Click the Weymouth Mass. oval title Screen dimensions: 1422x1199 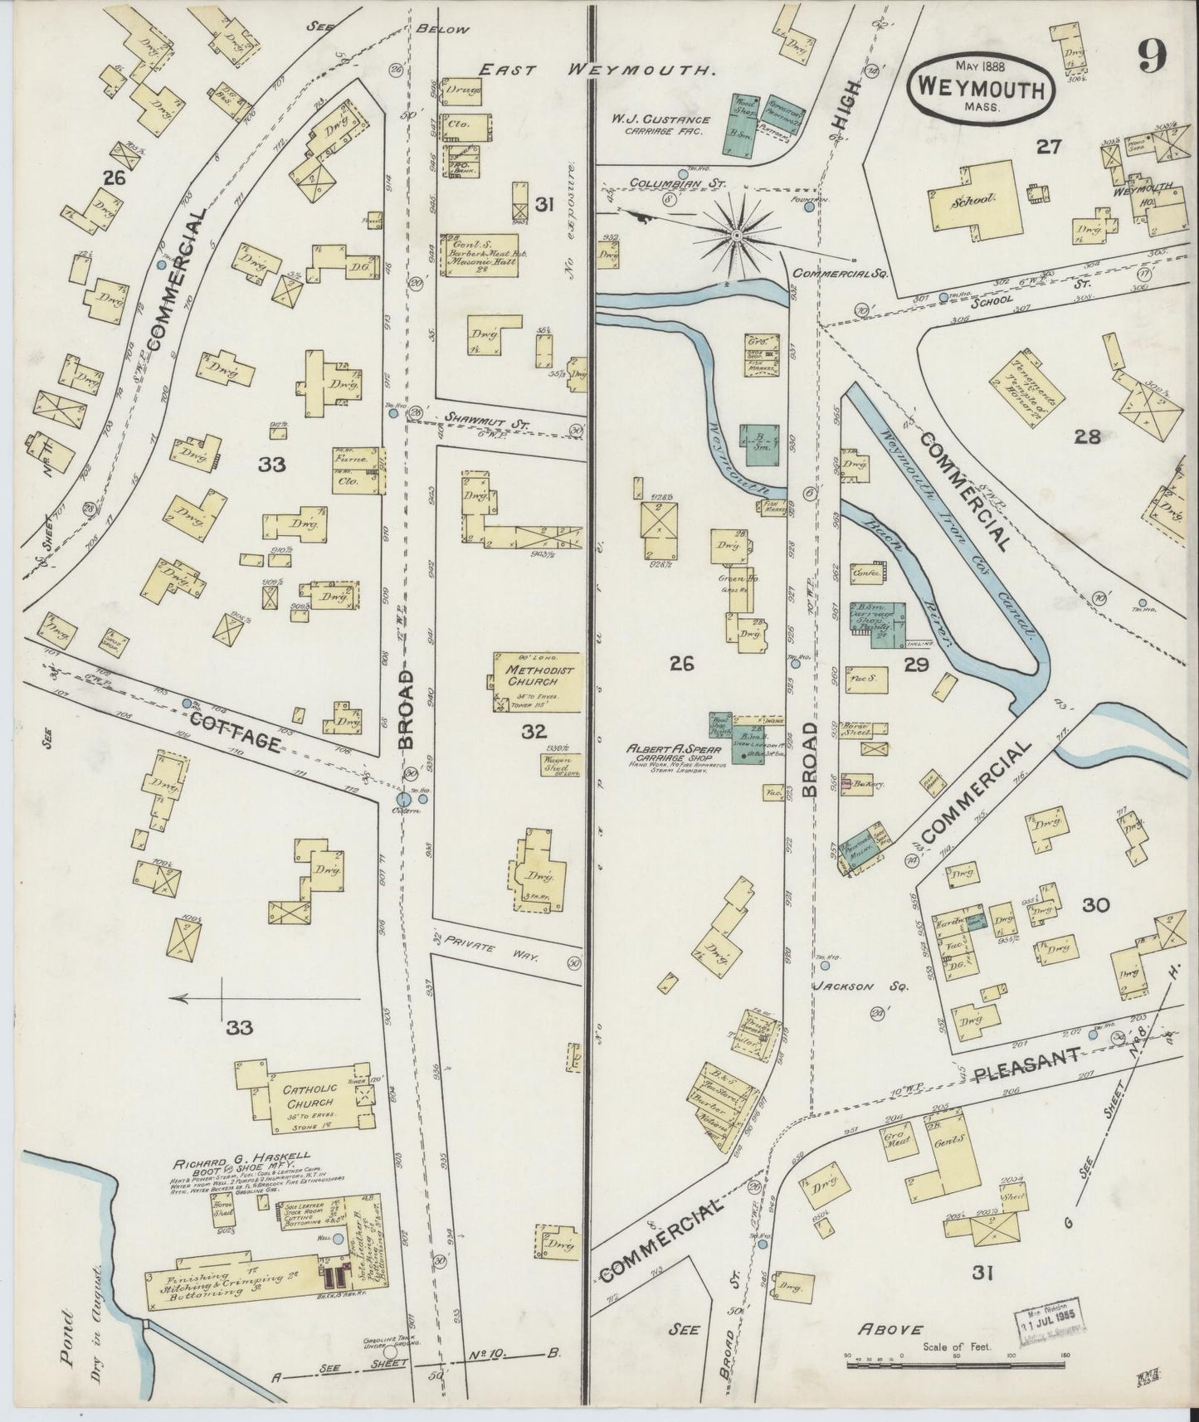tap(982, 85)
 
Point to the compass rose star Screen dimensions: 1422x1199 tap(735, 236)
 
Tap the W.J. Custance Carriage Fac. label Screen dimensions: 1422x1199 tap(661, 125)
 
